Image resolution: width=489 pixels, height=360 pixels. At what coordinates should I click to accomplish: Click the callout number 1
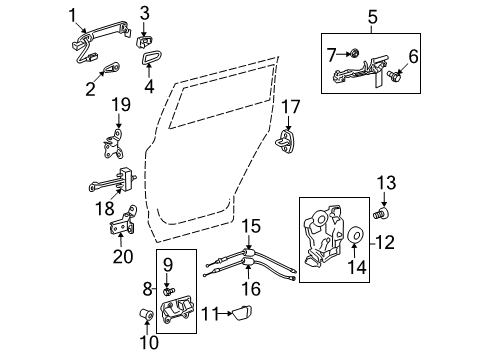[x=72, y=13]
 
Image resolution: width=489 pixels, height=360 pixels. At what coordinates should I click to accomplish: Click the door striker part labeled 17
[x=287, y=142]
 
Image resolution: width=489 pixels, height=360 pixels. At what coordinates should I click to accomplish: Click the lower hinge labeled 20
[x=121, y=226]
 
